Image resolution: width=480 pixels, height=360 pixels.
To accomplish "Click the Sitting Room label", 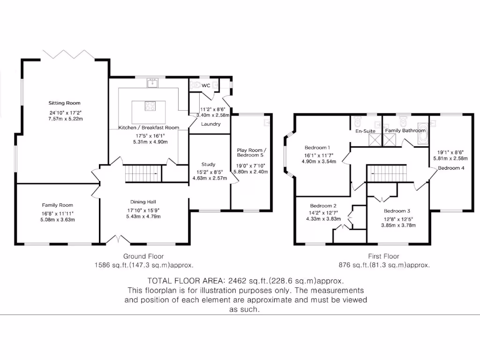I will point(65,103).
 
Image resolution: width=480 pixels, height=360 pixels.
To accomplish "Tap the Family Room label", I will point(58,205).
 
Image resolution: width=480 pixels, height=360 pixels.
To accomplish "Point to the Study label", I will point(209,165).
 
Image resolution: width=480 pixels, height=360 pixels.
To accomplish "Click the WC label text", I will point(206,86).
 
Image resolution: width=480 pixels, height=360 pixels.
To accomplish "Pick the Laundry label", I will point(210,124).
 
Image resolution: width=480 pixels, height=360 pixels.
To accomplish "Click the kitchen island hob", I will point(150,106).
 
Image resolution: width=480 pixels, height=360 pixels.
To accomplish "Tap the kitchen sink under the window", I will point(152,84).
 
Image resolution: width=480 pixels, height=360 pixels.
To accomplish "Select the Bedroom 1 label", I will point(317,147).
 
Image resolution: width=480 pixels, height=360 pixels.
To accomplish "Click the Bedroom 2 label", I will point(323,206).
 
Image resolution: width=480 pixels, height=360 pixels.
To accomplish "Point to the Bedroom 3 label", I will point(397,211).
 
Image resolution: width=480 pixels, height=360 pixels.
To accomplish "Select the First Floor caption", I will point(383,256).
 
